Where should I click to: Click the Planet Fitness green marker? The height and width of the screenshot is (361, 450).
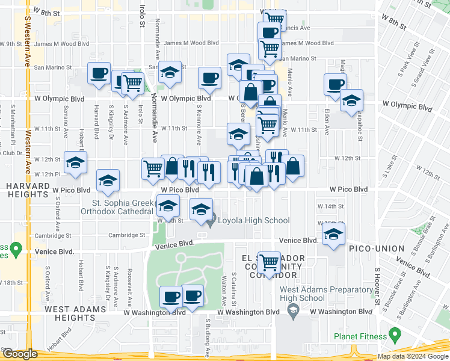395,334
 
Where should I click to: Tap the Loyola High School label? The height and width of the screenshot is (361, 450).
253,220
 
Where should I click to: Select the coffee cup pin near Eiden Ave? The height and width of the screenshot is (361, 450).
335,85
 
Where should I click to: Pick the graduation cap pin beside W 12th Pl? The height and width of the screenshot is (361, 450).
76,162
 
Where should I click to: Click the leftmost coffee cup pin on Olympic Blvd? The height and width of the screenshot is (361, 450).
99,74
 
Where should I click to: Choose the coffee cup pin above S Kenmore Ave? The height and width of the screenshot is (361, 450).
209,78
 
